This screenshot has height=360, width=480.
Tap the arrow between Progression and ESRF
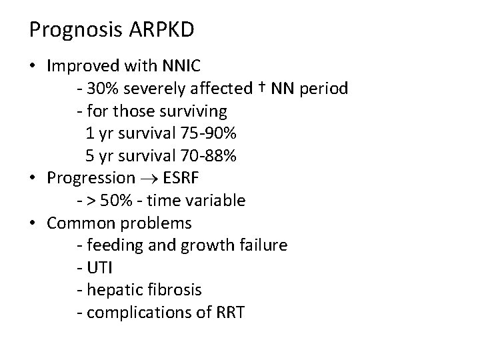(x=145, y=178)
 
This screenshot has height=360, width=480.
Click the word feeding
(x=112, y=245)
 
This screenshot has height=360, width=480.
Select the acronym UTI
(x=97, y=267)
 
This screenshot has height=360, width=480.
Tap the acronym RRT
(x=229, y=312)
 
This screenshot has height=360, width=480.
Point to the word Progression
(x=91, y=178)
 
